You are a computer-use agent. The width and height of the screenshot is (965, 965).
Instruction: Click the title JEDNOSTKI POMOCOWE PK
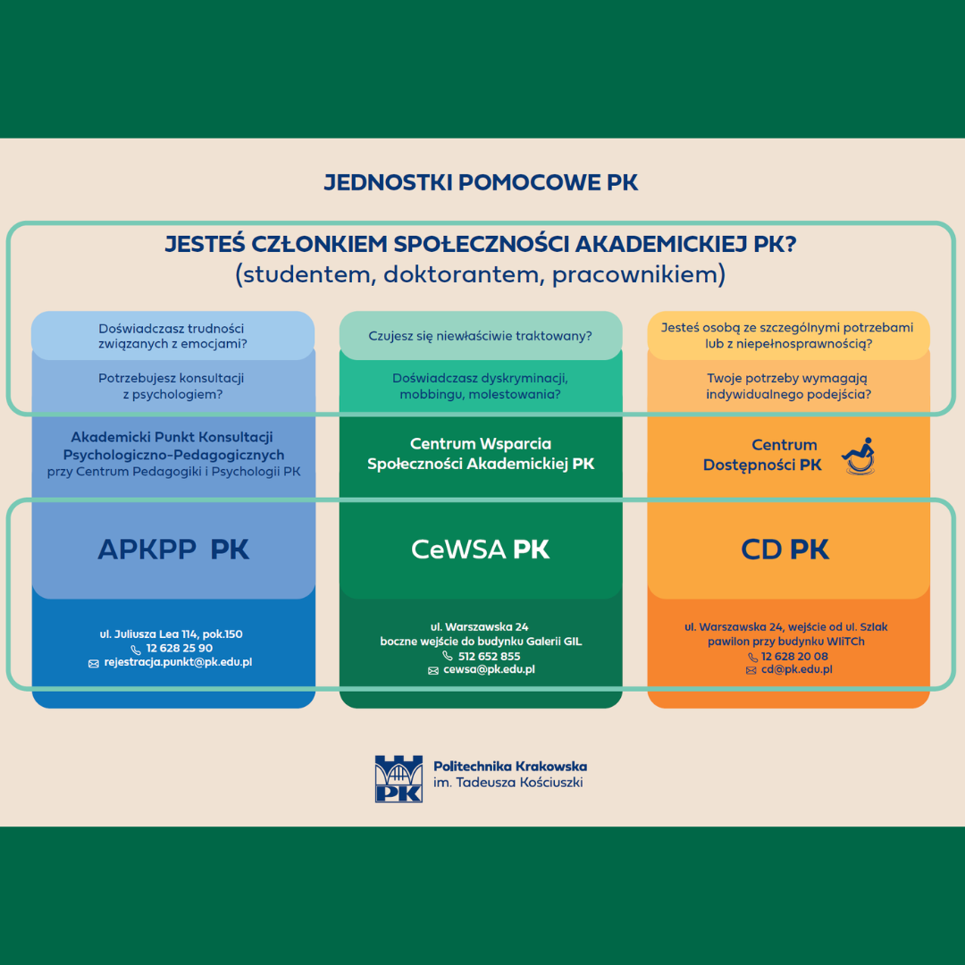481,182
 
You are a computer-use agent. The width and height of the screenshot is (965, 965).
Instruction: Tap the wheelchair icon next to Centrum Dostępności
860,456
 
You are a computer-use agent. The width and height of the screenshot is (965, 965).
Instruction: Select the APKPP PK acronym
173,549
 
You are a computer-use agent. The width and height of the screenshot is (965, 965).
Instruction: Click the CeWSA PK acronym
480,549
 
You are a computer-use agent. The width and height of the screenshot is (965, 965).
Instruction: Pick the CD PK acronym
785,549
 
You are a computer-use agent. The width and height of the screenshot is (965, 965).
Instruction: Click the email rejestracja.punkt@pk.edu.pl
178,662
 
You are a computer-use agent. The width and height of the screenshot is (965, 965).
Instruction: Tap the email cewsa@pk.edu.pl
489,669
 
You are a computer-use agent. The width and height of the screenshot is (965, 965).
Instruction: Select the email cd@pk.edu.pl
796,669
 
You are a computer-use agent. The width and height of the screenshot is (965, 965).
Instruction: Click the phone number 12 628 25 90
179,648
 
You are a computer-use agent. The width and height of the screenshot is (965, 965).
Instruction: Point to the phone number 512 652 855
490,656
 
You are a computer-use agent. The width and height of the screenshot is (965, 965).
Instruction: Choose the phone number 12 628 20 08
794,656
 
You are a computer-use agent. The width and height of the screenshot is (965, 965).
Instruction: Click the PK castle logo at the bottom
399,778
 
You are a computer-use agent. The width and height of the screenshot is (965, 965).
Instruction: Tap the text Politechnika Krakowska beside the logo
510,767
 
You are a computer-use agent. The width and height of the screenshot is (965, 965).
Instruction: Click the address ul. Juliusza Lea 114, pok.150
171,634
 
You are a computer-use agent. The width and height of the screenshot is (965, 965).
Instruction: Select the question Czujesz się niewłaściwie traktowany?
480,336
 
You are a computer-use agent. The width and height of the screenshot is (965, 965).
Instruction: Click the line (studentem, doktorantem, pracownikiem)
481,274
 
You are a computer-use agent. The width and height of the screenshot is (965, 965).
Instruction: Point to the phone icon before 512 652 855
448,656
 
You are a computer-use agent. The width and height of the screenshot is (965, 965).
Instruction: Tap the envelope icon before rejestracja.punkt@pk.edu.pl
94,663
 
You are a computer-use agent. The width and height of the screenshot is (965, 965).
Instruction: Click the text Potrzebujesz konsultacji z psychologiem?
172,386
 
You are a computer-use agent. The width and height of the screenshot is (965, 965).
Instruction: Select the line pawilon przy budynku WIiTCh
786,642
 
